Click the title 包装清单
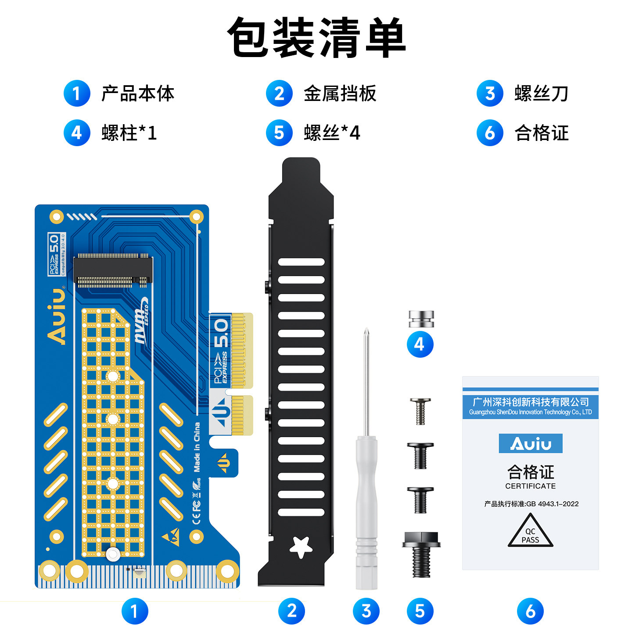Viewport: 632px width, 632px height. [316, 38]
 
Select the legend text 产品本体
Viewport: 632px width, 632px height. [138, 93]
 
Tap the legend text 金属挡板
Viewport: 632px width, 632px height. [340, 93]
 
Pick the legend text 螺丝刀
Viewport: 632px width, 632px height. [541, 93]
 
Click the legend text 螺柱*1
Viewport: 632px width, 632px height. [129, 133]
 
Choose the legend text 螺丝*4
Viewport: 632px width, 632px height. [332, 133]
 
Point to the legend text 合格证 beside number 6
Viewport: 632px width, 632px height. [541, 133]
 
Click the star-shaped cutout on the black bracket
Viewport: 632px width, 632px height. [301, 547]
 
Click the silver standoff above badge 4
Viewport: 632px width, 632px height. [421, 319]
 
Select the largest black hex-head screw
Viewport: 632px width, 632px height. [421, 553]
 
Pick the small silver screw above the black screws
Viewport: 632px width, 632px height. [420, 411]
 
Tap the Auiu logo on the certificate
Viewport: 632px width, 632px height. [530, 444]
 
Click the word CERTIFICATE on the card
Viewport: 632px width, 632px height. [530, 486]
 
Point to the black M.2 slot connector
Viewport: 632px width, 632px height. [113, 270]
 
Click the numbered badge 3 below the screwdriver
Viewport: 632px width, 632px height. [366, 611]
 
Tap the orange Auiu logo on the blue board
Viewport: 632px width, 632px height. [57, 316]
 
